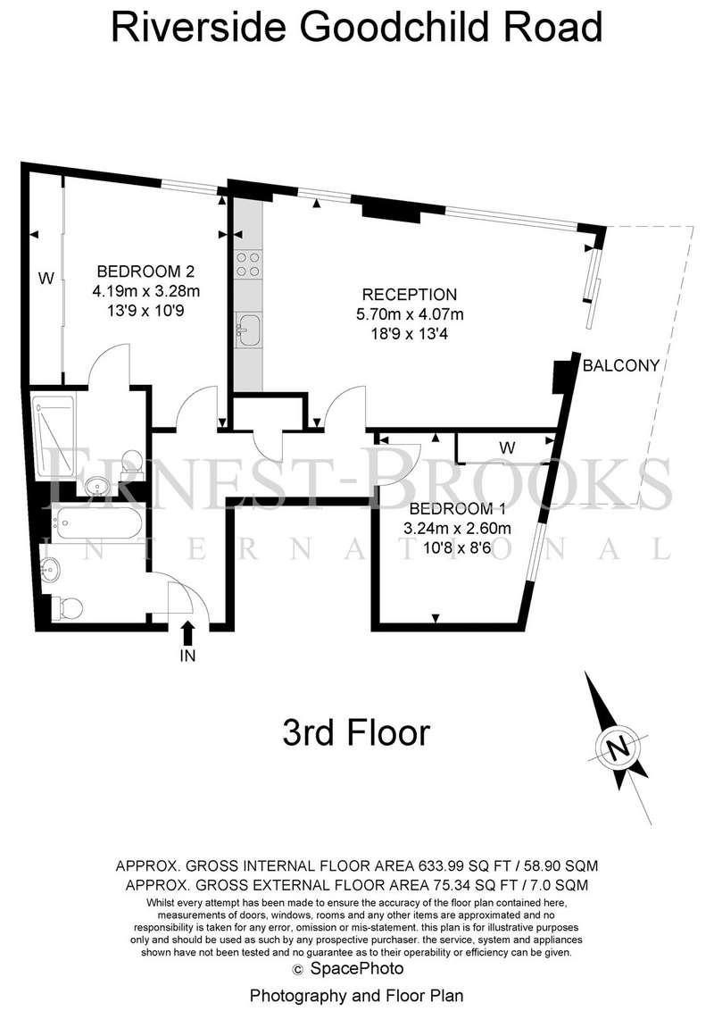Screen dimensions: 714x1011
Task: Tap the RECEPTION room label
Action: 410,295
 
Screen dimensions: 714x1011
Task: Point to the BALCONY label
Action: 621,365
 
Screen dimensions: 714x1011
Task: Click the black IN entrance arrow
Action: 187,632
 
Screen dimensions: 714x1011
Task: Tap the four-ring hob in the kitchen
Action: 248,265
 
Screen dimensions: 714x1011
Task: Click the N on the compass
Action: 619,748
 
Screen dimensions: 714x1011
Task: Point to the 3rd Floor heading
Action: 356,733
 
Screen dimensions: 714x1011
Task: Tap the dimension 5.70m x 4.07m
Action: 410,314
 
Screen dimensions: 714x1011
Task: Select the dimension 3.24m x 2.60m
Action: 457,528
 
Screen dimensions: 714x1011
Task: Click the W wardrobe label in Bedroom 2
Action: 46,279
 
